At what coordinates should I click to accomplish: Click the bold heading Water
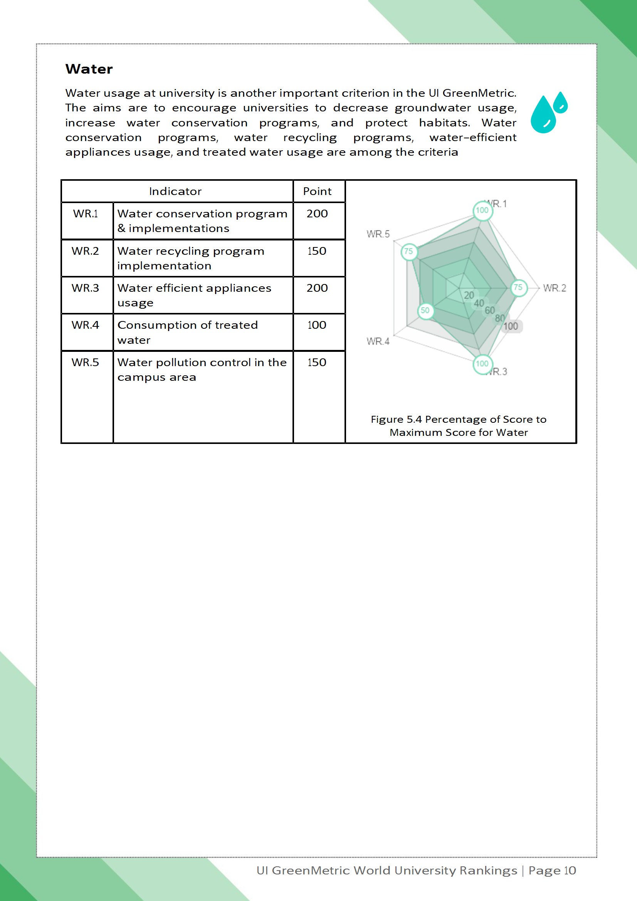pyautogui.click(x=89, y=69)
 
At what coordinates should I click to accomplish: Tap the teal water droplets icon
pyautogui.click(x=549, y=113)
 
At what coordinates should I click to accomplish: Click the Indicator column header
pyautogui.click(x=175, y=192)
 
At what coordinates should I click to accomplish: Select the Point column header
pyautogui.click(x=317, y=192)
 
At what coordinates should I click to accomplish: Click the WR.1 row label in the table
pyautogui.click(x=86, y=214)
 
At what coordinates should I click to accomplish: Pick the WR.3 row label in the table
pyautogui.click(x=85, y=288)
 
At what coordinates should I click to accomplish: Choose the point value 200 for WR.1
pyautogui.click(x=317, y=214)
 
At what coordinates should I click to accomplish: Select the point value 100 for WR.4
pyautogui.click(x=317, y=325)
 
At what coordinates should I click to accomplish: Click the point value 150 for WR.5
pyautogui.click(x=317, y=363)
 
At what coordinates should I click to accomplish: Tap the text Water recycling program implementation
pyautogui.click(x=191, y=258)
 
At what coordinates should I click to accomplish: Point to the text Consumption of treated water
pyautogui.click(x=188, y=332)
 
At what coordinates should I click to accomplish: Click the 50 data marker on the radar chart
pyautogui.click(x=425, y=311)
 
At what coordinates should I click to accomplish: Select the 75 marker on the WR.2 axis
pyautogui.click(x=518, y=287)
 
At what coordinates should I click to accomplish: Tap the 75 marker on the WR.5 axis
pyautogui.click(x=408, y=251)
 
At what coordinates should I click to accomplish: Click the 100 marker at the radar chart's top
pyautogui.click(x=482, y=210)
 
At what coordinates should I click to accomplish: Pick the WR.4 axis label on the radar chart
pyautogui.click(x=378, y=341)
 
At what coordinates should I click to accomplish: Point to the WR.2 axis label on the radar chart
pyautogui.click(x=555, y=288)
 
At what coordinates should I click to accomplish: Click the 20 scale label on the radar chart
pyautogui.click(x=469, y=295)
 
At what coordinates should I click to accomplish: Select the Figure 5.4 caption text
pyautogui.click(x=459, y=426)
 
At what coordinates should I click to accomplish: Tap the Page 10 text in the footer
pyautogui.click(x=552, y=871)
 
